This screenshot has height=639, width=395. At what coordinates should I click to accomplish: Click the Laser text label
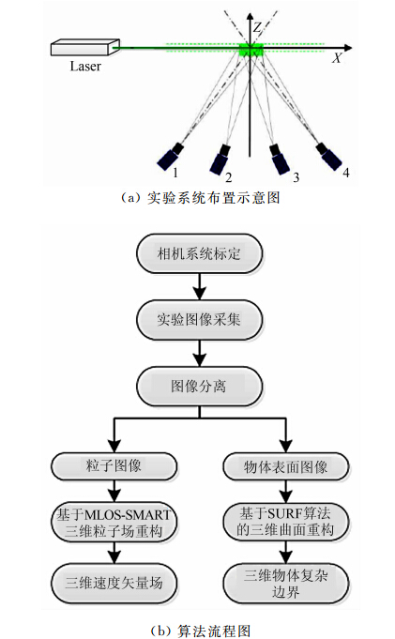coord(85,67)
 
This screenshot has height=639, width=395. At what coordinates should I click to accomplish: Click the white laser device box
coord(84,47)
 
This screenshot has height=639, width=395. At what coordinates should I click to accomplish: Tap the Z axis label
coord(256,29)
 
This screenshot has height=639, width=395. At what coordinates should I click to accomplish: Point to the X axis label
coord(336,57)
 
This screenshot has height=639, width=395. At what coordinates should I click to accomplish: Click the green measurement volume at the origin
coord(251,48)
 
